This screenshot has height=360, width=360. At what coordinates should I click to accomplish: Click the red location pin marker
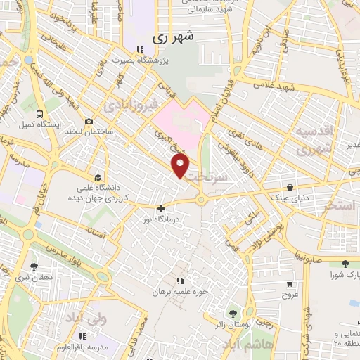pyautogui.click(x=181, y=165)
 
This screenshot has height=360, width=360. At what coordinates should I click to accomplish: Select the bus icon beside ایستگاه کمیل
pyautogui.click(x=41, y=112)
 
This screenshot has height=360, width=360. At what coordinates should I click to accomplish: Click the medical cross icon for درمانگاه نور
pyautogui.click(x=162, y=208)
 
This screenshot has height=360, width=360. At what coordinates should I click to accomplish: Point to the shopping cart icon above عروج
pyautogui.click(x=290, y=284)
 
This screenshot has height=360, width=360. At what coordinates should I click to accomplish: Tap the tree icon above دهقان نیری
pyautogui.click(x=34, y=266)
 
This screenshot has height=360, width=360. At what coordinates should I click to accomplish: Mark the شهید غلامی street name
pyautogui.click(x=281, y=83)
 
